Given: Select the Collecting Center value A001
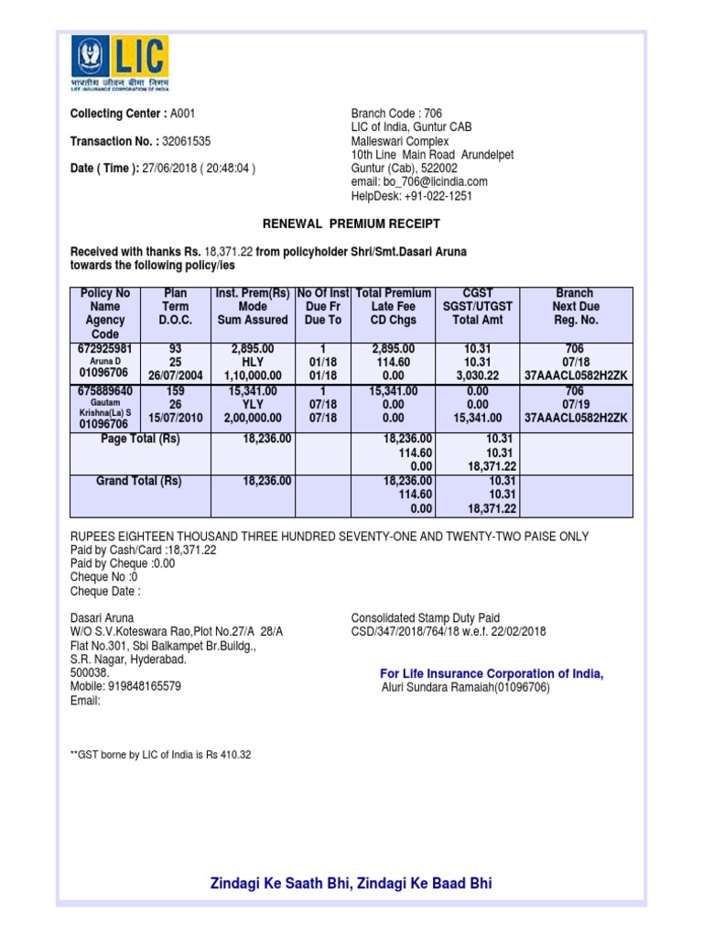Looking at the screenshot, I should click(183, 114).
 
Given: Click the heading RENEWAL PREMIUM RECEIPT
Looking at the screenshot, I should click(351, 224).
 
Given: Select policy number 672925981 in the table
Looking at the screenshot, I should click(105, 349).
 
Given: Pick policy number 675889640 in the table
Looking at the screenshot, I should click(105, 390).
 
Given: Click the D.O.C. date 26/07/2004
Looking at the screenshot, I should click(175, 375).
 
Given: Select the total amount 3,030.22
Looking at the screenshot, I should click(478, 375).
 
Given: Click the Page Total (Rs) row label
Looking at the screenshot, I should click(140, 440).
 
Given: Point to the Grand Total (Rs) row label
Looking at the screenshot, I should click(139, 481).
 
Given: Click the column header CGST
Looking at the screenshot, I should click(478, 293).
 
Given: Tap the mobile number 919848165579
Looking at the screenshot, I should click(144, 685).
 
